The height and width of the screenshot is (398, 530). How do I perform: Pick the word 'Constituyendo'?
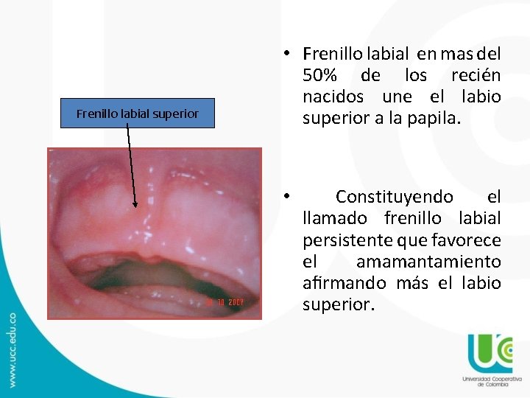click(x=395, y=197)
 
